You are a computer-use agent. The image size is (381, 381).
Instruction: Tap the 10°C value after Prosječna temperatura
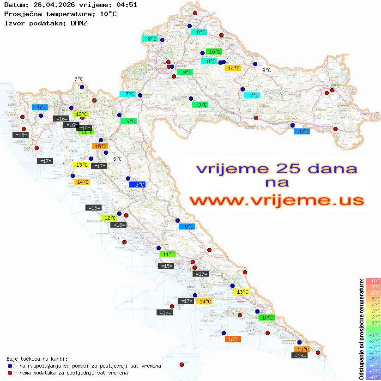[108, 14]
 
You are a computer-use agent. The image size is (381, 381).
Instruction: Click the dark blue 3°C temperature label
[138, 185]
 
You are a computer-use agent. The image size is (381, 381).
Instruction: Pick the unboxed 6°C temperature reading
[117, 159]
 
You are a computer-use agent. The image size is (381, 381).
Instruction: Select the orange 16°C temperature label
[233, 339]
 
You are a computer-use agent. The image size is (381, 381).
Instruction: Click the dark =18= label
[301, 356]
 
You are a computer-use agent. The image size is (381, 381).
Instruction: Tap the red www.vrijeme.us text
[277, 200]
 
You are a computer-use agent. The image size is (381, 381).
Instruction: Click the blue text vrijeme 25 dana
[277, 168]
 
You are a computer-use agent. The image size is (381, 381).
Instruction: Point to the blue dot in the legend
[10, 366]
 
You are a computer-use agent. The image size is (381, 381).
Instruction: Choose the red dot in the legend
[10, 373]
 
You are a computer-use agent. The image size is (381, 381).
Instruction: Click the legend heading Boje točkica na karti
[37, 359]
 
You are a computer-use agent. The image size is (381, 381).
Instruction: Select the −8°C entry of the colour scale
[373, 377]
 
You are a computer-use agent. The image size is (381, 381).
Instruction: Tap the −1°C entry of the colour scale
[373, 335]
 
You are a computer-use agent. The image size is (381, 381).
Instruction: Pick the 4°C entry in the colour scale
[373, 305]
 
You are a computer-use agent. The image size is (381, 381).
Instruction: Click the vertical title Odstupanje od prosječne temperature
[361, 329]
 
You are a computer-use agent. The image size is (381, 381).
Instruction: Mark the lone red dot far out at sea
[181, 364]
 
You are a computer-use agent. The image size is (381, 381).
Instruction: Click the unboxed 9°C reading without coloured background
[266, 70]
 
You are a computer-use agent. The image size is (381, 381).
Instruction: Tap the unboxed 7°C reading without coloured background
[79, 79]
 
